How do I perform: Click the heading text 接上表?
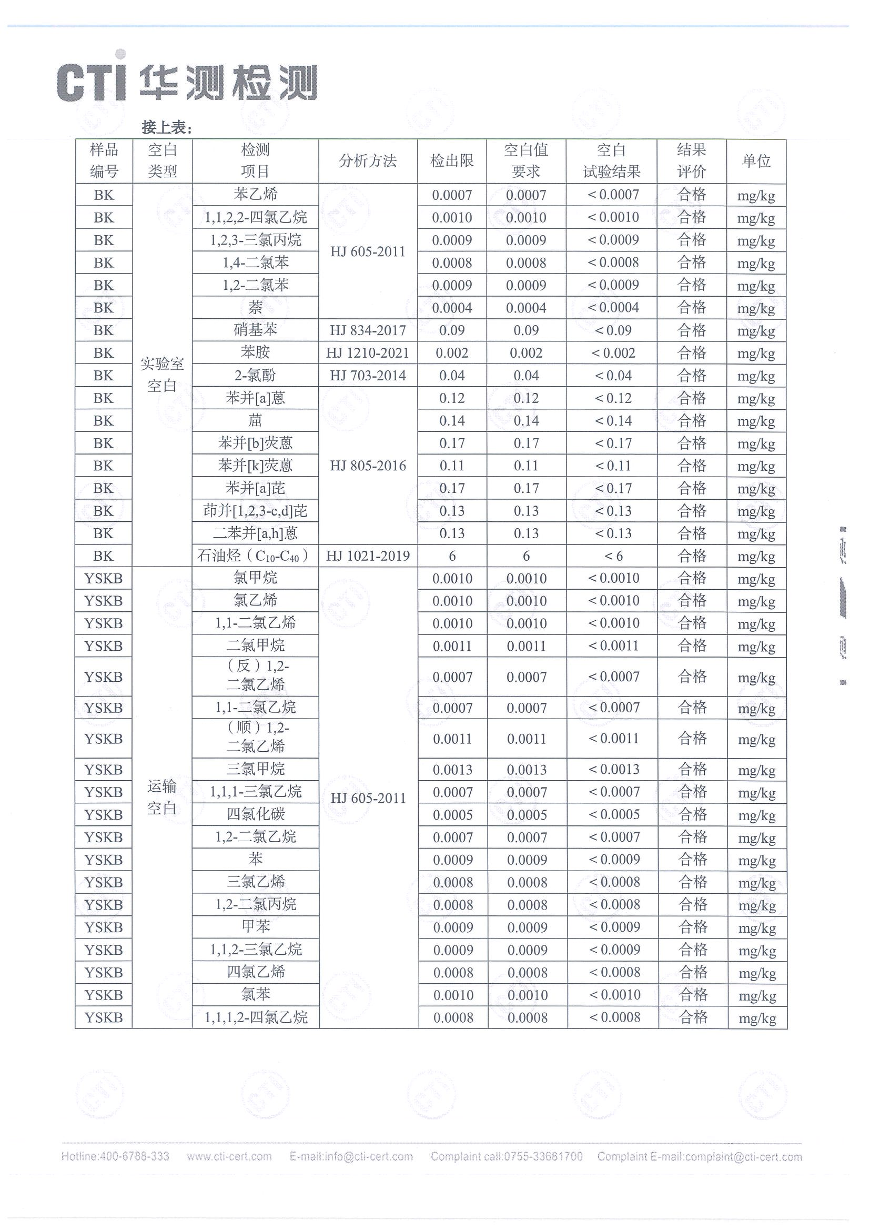tap(166, 128)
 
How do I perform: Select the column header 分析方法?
tap(368, 161)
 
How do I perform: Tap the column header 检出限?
tap(452, 161)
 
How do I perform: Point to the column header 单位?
tap(756, 161)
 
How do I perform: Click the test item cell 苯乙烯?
tap(255, 195)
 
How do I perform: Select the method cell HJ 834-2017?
tap(368, 330)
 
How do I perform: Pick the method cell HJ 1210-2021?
tap(368, 353)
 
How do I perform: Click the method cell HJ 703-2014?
tap(368, 375)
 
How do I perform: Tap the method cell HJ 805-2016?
tap(368, 466)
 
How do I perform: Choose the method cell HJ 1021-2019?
tap(368, 556)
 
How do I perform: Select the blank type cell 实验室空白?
tap(162, 375)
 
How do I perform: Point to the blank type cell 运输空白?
tap(162, 797)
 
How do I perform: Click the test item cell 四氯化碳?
tap(255, 814)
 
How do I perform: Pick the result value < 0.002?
tap(613, 353)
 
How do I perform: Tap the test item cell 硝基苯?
tap(255, 330)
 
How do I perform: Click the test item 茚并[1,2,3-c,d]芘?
tap(255, 511)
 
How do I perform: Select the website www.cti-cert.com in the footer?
tap(229, 1156)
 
